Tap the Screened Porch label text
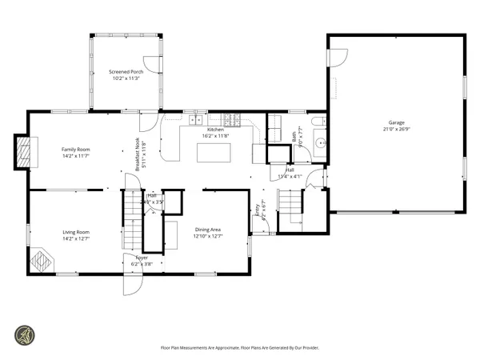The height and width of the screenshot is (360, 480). [x=125, y=72]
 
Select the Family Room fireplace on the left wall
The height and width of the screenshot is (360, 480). [x=26, y=150]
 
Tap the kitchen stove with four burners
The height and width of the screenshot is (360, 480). [x=232, y=121]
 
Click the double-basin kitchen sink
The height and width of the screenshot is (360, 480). [x=194, y=120]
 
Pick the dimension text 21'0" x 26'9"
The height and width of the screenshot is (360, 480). [x=397, y=130]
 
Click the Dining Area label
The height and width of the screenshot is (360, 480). [x=208, y=230]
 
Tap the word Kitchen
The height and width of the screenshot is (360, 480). [x=215, y=130]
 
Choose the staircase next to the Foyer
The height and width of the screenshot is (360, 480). [x=131, y=221]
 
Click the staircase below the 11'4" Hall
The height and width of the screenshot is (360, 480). [x=290, y=206]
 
